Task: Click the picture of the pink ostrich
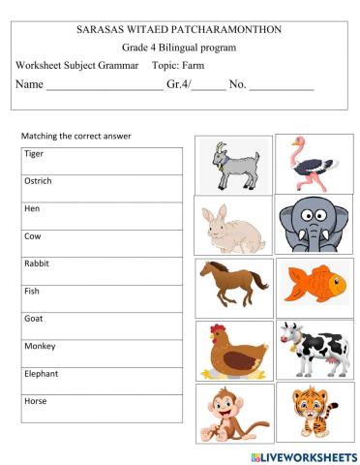point(313,162)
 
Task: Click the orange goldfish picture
point(315,284)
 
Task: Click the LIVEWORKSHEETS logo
point(302,455)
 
